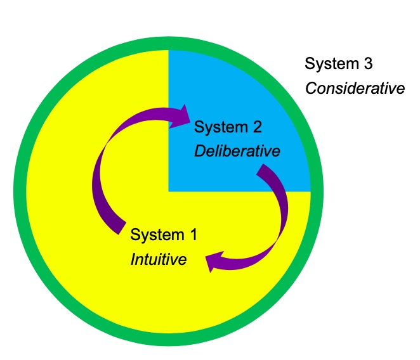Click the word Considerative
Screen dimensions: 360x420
(355, 87)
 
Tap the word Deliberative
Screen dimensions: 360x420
(237, 152)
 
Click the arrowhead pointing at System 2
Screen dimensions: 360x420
(184, 117)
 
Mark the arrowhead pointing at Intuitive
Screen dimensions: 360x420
(214, 260)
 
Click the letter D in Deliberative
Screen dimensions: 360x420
(199, 152)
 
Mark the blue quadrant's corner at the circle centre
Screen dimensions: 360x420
(169, 190)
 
